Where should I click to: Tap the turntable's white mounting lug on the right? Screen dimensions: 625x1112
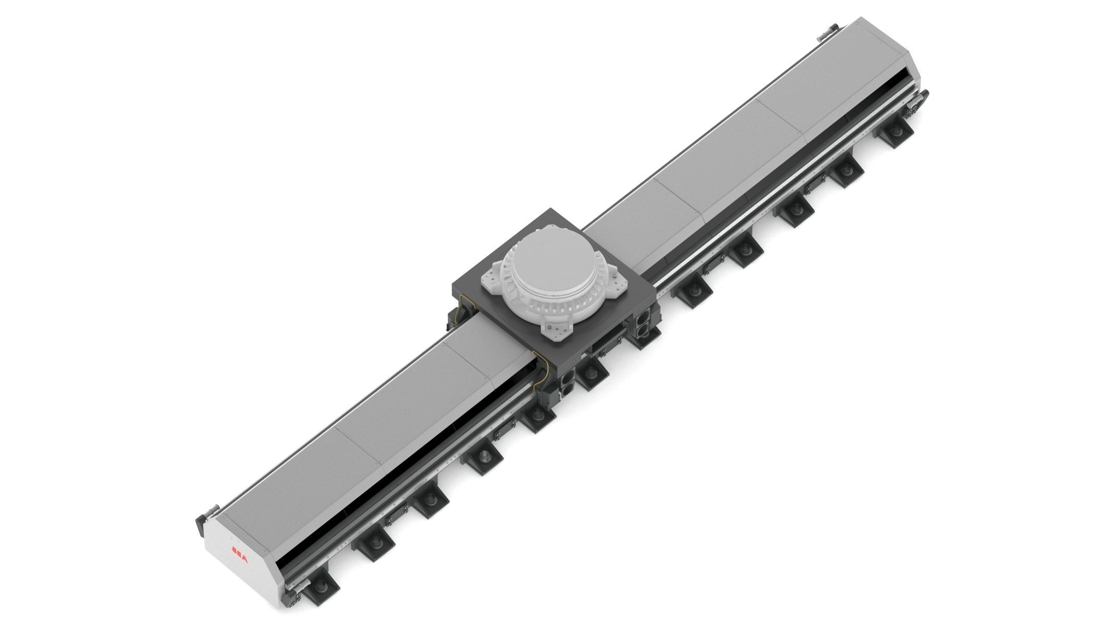619,279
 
